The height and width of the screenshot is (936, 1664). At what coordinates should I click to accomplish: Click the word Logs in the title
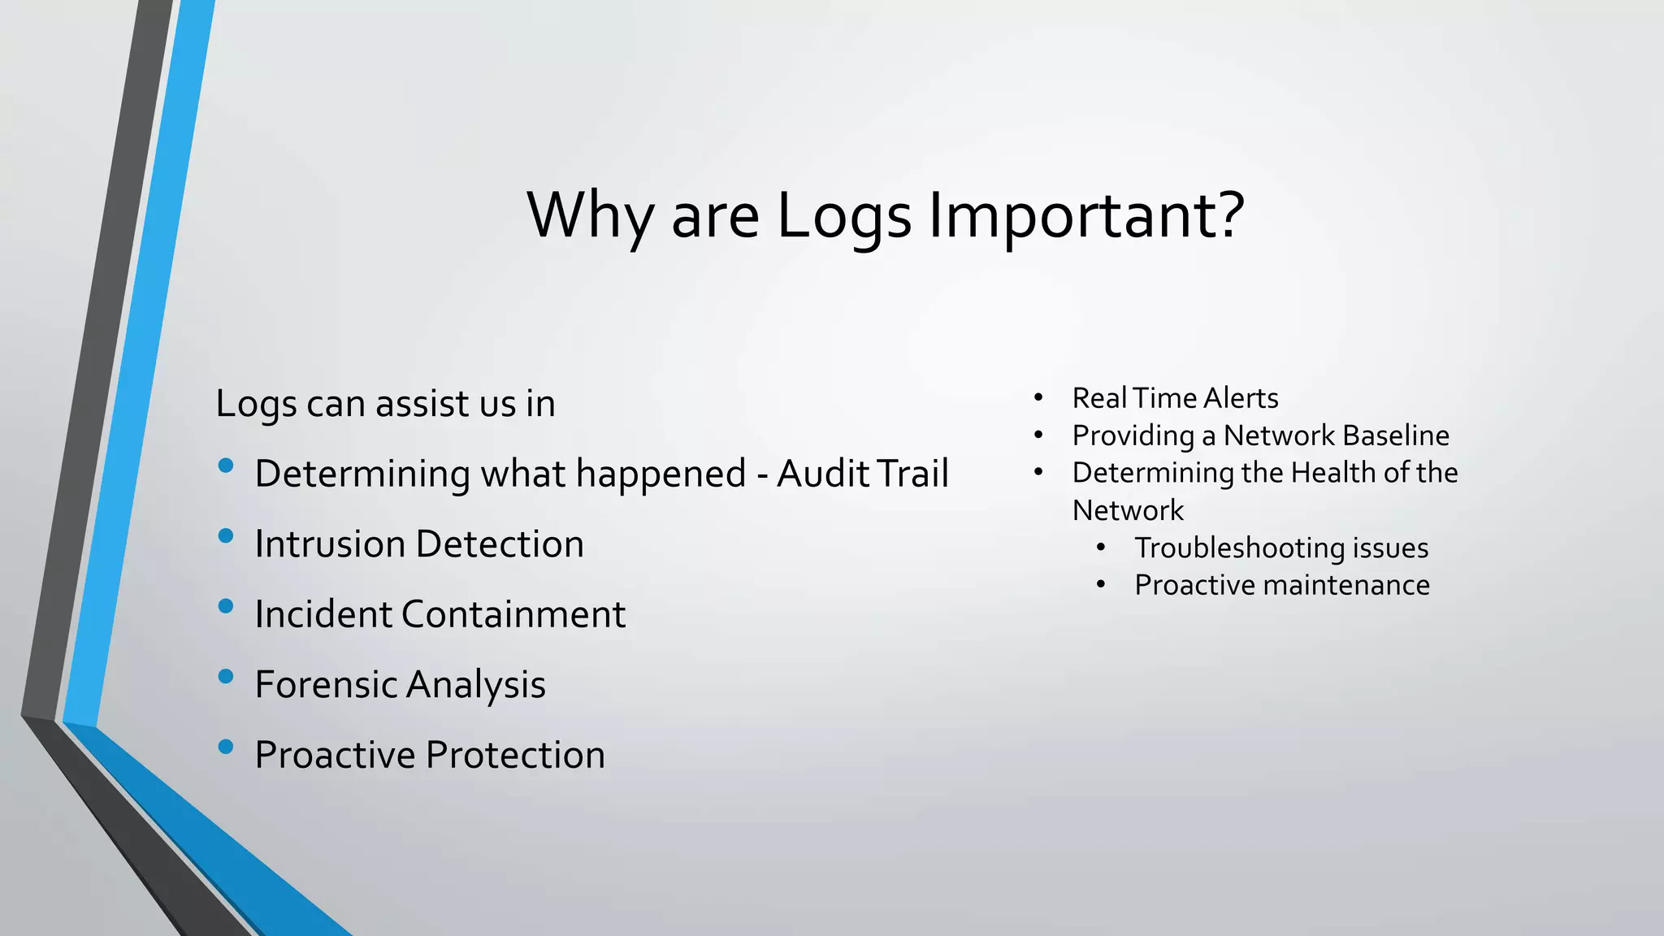point(844,216)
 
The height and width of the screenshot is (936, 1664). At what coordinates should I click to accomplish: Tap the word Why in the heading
point(590,216)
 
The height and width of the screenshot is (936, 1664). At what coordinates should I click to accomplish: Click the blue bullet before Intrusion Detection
point(226,535)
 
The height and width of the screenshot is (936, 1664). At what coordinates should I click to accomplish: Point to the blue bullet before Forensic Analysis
point(226,676)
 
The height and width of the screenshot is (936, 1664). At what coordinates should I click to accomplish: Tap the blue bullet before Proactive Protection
point(226,747)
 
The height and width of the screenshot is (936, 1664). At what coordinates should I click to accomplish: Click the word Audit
point(822,474)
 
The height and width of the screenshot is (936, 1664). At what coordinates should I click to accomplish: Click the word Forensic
point(325,684)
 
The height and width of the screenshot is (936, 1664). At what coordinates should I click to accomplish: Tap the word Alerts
point(1241,398)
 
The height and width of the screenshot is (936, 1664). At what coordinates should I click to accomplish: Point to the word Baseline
point(1403,435)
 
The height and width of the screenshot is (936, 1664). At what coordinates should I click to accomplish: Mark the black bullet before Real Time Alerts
point(1038,398)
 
